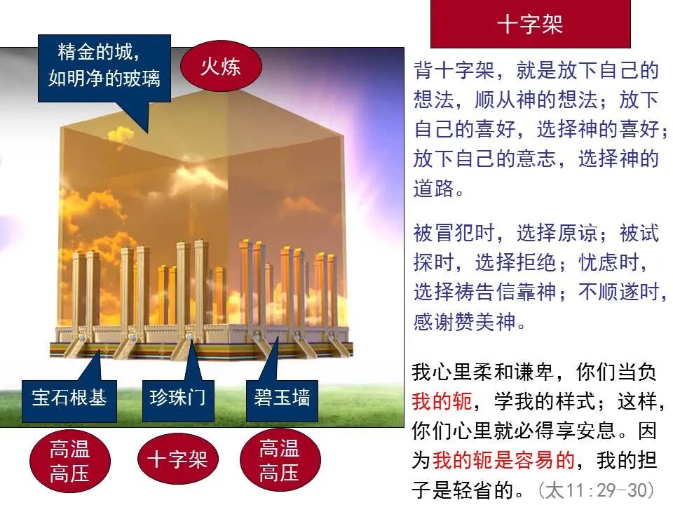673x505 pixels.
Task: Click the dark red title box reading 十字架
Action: coord(530,25)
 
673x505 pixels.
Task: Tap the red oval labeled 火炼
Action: coord(221,67)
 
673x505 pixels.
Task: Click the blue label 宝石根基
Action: coord(69,398)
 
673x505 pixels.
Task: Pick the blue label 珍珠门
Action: coord(177,398)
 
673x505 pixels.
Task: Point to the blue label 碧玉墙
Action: coord(282,398)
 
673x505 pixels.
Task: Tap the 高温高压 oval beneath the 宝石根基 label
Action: coord(69,460)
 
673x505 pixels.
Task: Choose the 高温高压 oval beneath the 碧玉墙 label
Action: coord(279,460)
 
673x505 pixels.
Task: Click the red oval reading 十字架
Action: coord(177,460)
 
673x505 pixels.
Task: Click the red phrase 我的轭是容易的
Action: coord(503,460)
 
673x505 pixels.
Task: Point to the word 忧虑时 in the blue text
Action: coord(609,263)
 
